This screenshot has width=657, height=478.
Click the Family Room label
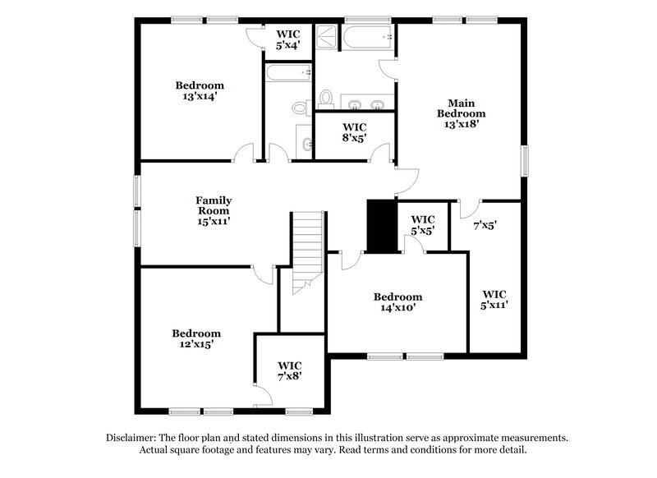coord(213,205)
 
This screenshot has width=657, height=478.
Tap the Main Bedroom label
coord(461,108)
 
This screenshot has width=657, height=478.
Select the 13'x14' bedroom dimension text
coord(199,97)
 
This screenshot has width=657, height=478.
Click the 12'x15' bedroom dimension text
coord(195,345)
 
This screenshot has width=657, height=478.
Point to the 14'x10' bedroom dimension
coord(397,309)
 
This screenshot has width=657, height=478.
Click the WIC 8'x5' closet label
coord(354,133)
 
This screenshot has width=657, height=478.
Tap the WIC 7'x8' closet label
coord(290,370)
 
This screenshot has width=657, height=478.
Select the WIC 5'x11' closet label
coord(494,299)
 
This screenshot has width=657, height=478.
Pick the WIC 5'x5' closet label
coord(422,225)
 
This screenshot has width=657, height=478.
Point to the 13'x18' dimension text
coord(461,125)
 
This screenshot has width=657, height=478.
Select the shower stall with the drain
coord(328,39)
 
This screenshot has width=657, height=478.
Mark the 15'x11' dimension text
coord(213,221)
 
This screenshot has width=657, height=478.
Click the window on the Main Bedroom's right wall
coord(524,159)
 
